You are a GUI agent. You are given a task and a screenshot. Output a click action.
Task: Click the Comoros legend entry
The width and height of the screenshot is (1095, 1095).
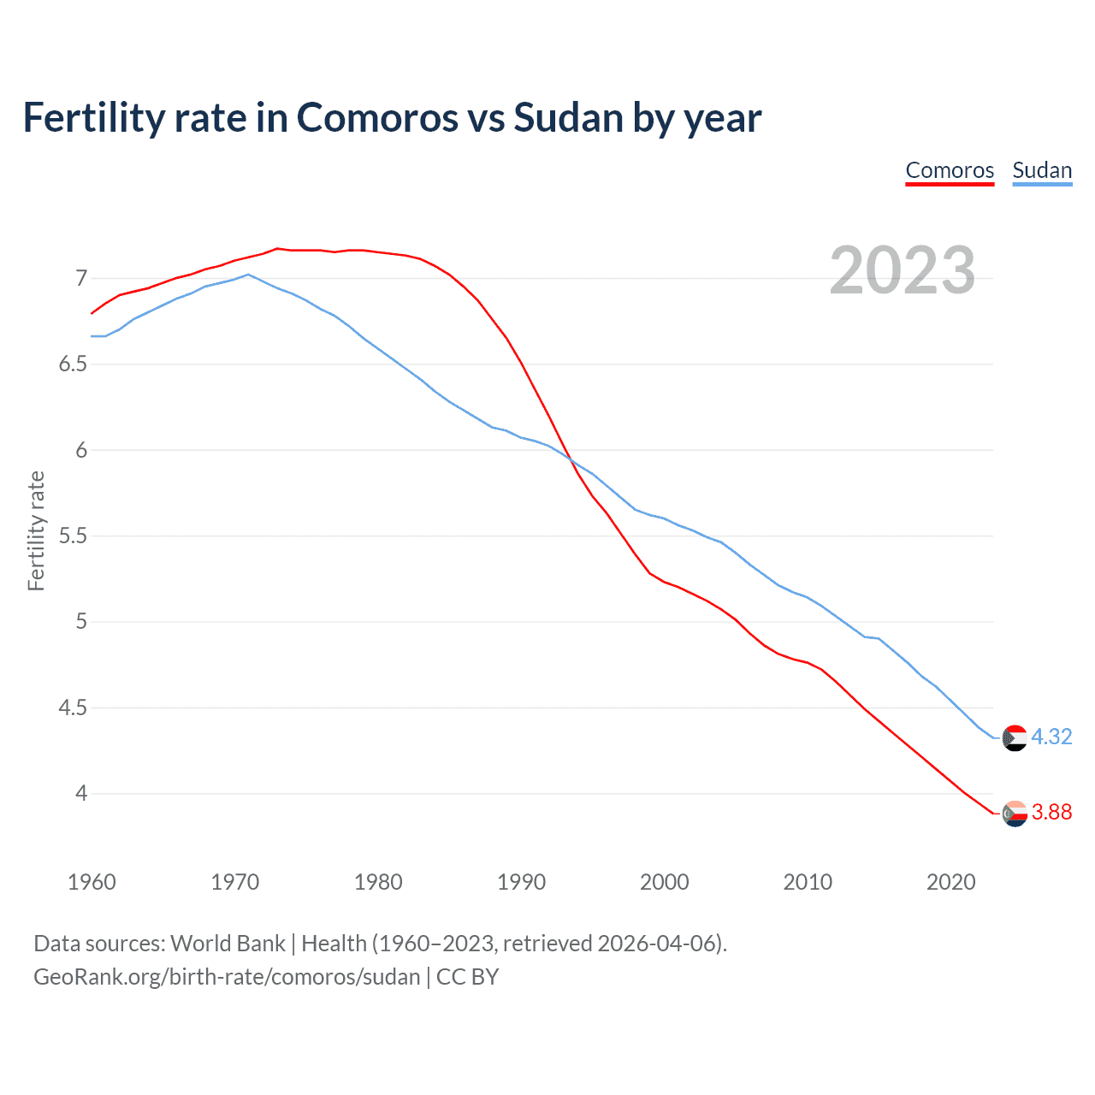point(950,170)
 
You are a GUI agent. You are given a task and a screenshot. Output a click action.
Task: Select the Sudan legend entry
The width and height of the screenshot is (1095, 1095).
point(1042,170)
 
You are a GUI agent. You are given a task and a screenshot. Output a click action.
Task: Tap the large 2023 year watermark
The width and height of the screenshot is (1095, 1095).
point(903,270)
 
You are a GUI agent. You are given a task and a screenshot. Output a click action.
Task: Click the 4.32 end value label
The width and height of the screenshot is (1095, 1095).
point(1051,737)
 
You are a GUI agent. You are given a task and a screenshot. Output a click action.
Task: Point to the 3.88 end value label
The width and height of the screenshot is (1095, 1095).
point(1051,812)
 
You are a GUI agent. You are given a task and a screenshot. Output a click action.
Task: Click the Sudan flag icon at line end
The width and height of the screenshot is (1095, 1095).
point(1015,737)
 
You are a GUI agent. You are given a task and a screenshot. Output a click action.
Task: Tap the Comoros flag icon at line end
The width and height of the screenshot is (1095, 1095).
point(1015,814)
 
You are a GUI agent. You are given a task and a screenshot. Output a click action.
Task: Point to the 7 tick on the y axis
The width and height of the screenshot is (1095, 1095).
point(82,278)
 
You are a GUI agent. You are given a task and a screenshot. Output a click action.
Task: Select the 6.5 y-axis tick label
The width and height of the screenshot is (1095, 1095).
point(74,364)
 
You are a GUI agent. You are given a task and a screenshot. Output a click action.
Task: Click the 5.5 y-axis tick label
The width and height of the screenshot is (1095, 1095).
point(74,536)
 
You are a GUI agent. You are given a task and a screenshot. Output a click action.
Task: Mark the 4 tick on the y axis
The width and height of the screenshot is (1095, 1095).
point(82,794)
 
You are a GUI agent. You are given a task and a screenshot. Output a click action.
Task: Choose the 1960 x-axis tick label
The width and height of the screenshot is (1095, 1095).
point(92,882)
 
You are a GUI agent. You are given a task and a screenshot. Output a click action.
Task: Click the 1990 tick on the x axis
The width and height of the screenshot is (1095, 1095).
point(521,882)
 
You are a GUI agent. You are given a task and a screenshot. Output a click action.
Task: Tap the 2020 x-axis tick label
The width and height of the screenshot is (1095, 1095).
point(950,882)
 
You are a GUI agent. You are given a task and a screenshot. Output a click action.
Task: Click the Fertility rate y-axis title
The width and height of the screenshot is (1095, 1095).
point(36,530)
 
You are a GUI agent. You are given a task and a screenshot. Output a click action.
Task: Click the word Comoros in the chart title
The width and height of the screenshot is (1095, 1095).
point(377,118)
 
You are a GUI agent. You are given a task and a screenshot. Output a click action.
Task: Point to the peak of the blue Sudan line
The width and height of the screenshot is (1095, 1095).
point(248,275)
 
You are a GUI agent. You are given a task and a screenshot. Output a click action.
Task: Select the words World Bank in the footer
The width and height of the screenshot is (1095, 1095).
point(228,944)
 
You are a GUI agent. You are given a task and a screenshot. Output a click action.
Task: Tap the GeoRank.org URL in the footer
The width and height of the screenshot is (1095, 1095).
point(227,977)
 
